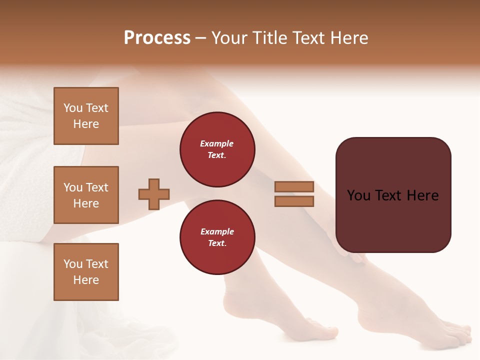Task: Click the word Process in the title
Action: (x=157, y=38)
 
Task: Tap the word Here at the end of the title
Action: (x=347, y=38)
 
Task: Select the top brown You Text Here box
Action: (x=86, y=116)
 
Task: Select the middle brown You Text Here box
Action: (x=86, y=195)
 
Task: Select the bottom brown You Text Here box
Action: (x=86, y=272)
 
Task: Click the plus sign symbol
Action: (x=154, y=194)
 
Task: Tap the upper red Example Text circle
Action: (x=217, y=149)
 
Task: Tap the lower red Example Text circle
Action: (x=217, y=237)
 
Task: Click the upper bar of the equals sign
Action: (x=294, y=186)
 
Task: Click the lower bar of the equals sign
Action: (x=294, y=201)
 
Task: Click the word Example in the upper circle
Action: (x=217, y=143)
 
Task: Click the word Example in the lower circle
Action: (x=217, y=231)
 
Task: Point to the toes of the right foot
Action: (x=457, y=332)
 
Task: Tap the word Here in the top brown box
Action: (x=86, y=124)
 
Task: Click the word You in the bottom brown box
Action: (x=73, y=264)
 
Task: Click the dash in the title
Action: (x=200, y=38)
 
